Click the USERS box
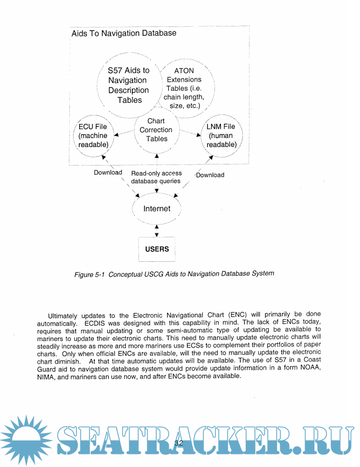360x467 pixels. click(x=157, y=249)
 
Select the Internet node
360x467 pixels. click(x=157, y=208)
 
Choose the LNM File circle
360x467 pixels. click(x=221, y=135)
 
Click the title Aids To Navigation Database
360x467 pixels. click(x=124, y=33)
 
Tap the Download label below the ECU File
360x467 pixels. click(x=108, y=172)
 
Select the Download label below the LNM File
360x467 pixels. click(x=210, y=175)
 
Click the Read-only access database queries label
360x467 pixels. click(x=156, y=177)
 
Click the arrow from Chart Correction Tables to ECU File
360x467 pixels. click(x=124, y=133)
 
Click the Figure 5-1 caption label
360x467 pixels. click(x=174, y=273)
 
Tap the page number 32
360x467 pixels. click(x=179, y=443)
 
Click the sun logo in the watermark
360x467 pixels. click(x=25, y=440)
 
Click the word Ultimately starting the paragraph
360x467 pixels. click(x=64, y=316)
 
